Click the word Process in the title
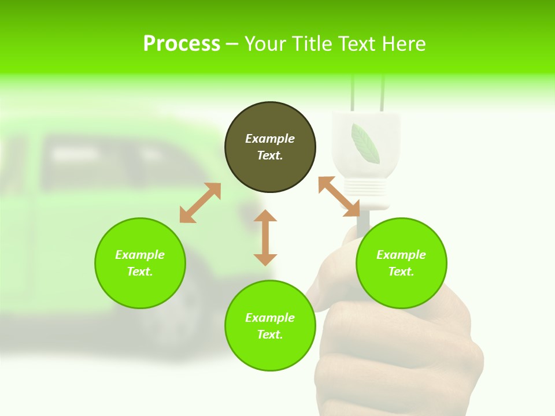(182, 44)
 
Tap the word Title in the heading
(311, 44)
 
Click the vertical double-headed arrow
(265, 237)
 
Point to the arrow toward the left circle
(200, 203)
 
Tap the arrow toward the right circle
(339, 196)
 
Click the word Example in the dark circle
(270, 139)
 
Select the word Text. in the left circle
(140, 272)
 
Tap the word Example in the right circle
(401, 255)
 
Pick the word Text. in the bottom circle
(270, 335)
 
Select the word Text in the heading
(357, 44)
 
